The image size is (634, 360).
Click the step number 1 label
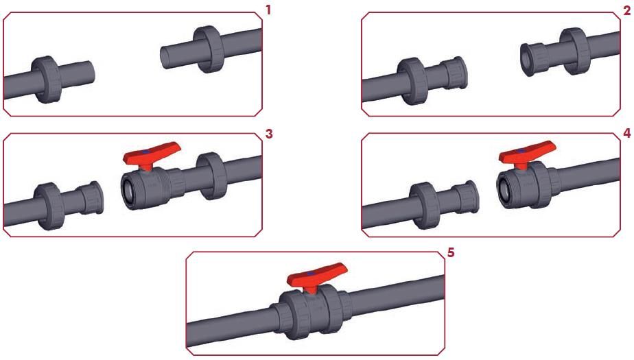tap(268, 10)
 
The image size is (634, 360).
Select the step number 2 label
tap(626, 10)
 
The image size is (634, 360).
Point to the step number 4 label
tap(627, 133)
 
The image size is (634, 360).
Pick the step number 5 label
tap(451, 252)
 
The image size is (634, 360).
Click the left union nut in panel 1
tap(47, 80)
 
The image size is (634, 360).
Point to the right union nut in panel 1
tap(209, 49)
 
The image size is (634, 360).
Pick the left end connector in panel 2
tap(454, 73)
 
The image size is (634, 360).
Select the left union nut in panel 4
tap(425, 206)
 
